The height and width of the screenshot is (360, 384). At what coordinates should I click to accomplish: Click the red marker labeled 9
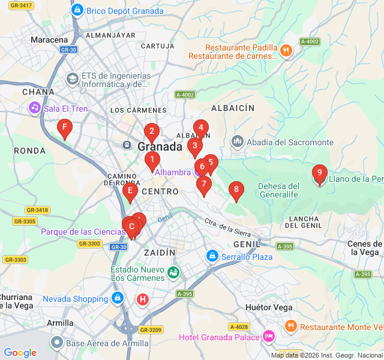tap(320, 175)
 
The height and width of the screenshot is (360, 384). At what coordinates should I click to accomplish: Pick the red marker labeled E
tap(130, 192)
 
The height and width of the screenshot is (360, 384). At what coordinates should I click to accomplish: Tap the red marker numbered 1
tap(152, 160)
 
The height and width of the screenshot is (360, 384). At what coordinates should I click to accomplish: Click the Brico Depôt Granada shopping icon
tap(77, 10)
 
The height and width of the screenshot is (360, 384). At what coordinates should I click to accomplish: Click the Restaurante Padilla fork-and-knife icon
tap(286, 51)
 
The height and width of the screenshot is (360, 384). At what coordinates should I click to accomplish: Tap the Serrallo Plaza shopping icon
tap(211, 257)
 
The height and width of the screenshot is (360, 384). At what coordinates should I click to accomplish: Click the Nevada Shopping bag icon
tap(117, 298)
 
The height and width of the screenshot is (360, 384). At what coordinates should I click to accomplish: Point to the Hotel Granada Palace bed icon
tap(269, 337)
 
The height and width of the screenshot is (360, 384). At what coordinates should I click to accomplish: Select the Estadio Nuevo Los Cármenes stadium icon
tap(173, 272)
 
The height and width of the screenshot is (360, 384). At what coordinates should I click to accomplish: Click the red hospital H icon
tap(142, 299)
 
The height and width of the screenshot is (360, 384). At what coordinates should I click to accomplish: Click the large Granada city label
tap(160, 146)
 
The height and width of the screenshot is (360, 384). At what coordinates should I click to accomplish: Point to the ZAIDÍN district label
tap(160, 253)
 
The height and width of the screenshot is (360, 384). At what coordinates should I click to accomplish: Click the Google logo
tap(20, 353)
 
